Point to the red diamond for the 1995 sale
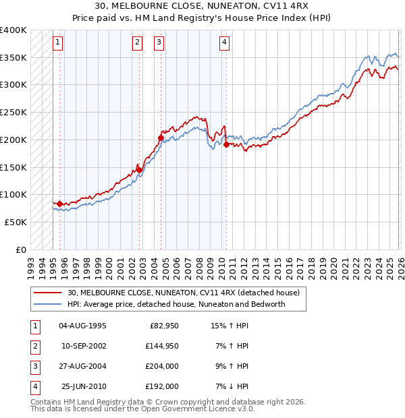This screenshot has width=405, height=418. tap(59, 204)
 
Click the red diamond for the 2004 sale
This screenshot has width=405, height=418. tap(161, 138)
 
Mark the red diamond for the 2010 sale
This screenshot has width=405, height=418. tap(226, 144)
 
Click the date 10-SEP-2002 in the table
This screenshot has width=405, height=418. tap(84, 347)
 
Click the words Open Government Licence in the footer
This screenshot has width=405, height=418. tap(188, 409)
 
